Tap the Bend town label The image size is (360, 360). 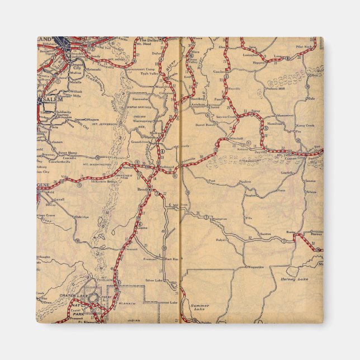click(142, 190)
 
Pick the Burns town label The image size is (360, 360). click(290, 231)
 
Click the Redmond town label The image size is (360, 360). click(168, 168)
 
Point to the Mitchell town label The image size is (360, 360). click(235, 138)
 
